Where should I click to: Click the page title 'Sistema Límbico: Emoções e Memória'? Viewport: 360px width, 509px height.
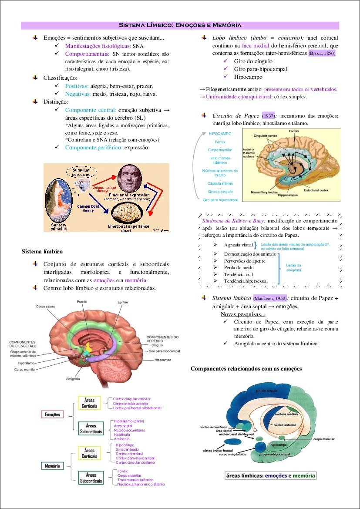point(180,25)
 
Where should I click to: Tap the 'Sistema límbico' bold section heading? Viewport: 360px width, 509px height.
point(42,251)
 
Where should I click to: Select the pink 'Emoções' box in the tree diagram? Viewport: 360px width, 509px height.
point(53,415)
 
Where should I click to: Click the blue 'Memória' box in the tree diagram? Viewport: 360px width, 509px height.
point(53,466)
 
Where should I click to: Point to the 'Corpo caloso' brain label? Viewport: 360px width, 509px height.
point(45,307)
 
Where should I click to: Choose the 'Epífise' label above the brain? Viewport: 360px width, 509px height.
point(122,302)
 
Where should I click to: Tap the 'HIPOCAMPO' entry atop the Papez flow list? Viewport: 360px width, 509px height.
point(220,134)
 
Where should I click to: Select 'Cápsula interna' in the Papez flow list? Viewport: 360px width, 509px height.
point(220,183)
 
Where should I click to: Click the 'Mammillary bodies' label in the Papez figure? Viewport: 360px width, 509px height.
point(265,192)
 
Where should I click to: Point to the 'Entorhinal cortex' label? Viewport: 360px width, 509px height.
point(316,190)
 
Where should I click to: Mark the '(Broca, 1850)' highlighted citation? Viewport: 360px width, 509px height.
point(322,54)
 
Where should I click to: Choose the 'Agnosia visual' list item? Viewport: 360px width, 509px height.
point(238,246)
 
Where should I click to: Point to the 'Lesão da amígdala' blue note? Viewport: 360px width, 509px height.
point(293,268)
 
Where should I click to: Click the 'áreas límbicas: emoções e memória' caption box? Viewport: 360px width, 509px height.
point(270,475)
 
